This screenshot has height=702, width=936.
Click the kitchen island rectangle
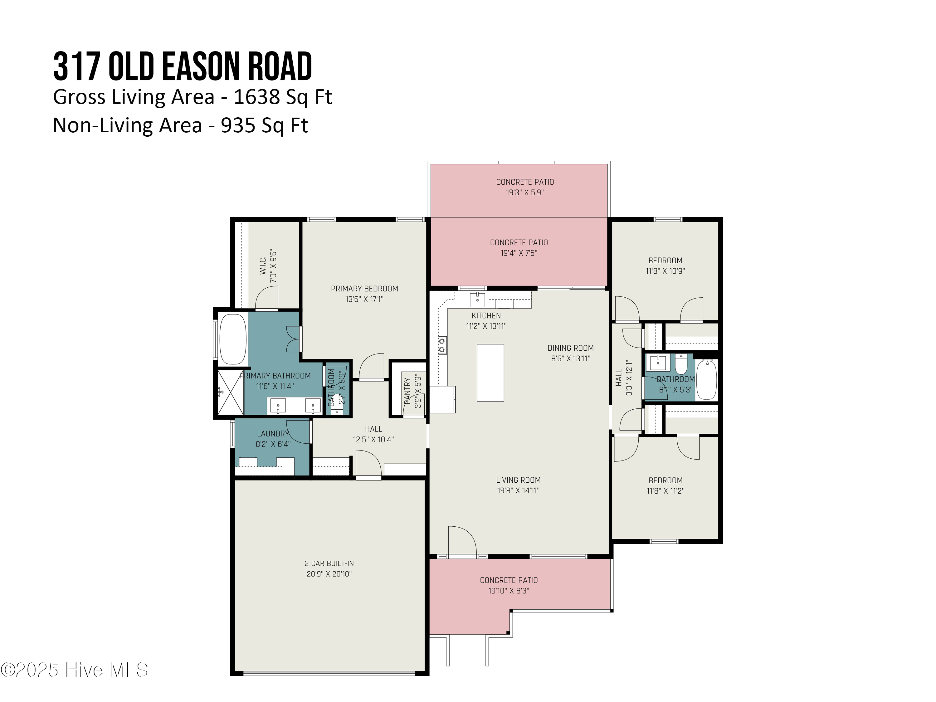point(490,372)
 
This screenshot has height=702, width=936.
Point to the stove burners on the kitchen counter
point(442,345)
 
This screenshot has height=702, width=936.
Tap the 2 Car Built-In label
point(329,563)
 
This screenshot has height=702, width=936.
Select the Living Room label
point(518,480)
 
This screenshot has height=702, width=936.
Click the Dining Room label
point(570,348)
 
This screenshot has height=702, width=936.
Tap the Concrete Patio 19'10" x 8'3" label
point(509,585)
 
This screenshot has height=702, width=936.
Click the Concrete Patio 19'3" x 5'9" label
point(525,187)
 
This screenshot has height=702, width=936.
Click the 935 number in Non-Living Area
point(238,125)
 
